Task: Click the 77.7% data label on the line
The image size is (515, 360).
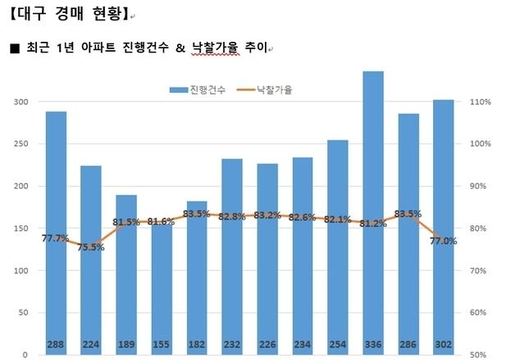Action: click(56, 238)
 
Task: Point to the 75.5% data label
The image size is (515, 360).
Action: click(91, 247)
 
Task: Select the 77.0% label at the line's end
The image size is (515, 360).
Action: click(444, 240)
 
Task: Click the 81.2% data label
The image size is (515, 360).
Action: click(373, 223)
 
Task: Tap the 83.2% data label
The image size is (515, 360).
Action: click(267, 215)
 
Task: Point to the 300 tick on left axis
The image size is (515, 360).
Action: click(20, 102)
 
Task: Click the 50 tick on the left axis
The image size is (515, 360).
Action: click(22, 312)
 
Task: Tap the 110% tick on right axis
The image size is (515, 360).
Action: click(481, 102)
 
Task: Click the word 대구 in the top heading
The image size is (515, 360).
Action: click(28, 15)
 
